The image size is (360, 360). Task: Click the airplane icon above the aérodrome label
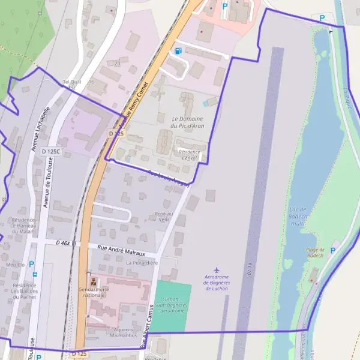tap(217, 270)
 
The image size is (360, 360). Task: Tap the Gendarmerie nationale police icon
tap(93, 281)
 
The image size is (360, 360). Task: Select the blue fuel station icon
tap(178, 51)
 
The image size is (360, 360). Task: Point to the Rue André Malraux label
tap(116, 248)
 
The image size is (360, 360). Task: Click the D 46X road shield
tap(66, 243)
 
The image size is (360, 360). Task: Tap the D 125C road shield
tap(52, 152)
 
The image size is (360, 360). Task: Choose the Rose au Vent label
tap(164, 216)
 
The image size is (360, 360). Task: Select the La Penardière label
tap(142, 263)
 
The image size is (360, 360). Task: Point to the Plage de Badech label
tap(316, 253)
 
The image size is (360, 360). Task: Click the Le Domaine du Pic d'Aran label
tap(187, 122)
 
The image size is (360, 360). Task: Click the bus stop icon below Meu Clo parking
tap(35, 274)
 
